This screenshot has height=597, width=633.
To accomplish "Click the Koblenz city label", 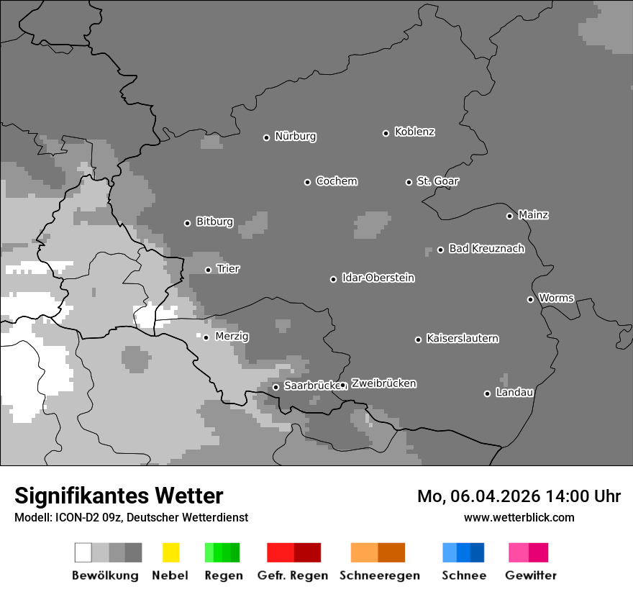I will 414,132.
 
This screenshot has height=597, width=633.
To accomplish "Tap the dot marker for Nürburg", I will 266,137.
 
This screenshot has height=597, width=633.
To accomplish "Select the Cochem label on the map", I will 337,181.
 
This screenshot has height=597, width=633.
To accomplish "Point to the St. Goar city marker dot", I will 409,182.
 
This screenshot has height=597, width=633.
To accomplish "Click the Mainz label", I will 533,215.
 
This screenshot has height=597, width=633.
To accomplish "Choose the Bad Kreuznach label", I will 486,249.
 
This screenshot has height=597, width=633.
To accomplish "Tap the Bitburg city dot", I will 187,223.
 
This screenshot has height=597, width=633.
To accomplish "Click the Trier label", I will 228,269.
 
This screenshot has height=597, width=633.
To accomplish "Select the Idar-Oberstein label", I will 378,278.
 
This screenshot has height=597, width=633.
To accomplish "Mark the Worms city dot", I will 530,299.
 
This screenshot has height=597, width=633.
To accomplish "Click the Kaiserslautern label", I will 463,339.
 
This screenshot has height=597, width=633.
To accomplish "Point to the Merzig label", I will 232,337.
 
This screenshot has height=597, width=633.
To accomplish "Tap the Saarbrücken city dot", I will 275,387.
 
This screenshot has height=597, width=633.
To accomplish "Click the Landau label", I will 514,393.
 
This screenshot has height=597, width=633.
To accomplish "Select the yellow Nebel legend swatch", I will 170,552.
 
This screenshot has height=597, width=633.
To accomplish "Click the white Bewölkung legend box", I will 83,552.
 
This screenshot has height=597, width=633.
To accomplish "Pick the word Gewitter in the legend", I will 531,575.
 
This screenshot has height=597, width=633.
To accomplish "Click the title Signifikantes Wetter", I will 119,496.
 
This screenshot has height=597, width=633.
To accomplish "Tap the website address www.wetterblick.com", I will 519,517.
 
